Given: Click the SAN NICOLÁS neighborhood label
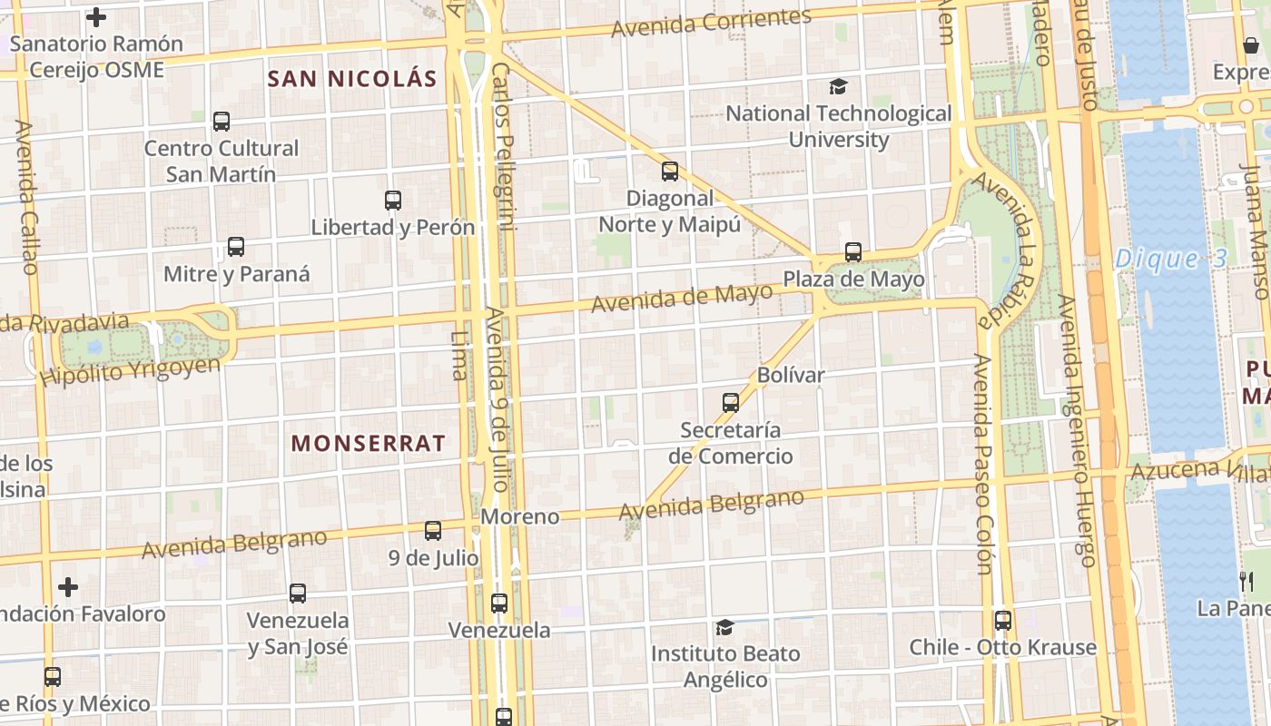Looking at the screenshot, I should pyautogui.click(x=352, y=79).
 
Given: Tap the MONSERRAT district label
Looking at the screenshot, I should pyautogui.click(x=368, y=443).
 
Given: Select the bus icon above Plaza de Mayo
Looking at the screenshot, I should pyautogui.click(x=852, y=252).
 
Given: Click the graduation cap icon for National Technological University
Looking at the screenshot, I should pyautogui.click(x=838, y=86).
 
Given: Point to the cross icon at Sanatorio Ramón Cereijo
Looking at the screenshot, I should pyautogui.click(x=96, y=16).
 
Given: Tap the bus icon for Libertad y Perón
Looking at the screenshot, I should pyautogui.click(x=392, y=200).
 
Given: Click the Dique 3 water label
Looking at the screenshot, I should pyautogui.click(x=1170, y=259).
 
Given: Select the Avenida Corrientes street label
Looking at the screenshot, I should pyautogui.click(x=711, y=23).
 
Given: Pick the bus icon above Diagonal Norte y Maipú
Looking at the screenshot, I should pyautogui.click(x=669, y=171).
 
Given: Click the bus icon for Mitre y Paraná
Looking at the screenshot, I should pyautogui.click(x=236, y=247).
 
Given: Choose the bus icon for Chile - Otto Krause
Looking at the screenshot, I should pyautogui.click(x=1002, y=621).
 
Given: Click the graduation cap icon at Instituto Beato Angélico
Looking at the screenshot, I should pyautogui.click(x=724, y=627).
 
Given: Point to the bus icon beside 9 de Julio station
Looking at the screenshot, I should pyautogui.click(x=433, y=530).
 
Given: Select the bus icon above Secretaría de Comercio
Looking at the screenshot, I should pyautogui.click(x=730, y=402).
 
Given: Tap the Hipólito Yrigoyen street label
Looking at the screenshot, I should pyautogui.click(x=131, y=370).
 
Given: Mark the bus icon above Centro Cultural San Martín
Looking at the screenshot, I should pyautogui.click(x=221, y=121).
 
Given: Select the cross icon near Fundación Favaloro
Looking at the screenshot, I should pyautogui.click(x=68, y=586).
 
